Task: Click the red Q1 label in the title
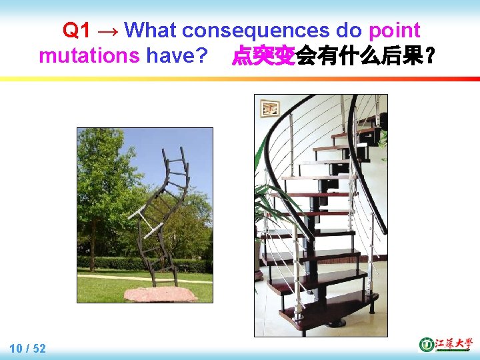(x=77, y=30)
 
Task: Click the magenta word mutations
(x=89, y=56)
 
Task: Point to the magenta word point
(x=394, y=30)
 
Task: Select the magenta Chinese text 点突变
(x=263, y=56)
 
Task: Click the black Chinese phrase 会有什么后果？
(x=366, y=56)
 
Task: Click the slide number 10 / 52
(x=28, y=348)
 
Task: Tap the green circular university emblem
(x=426, y=344)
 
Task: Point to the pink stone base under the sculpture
(x=161, y=293)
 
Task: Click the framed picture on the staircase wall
(x=269, y=107)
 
